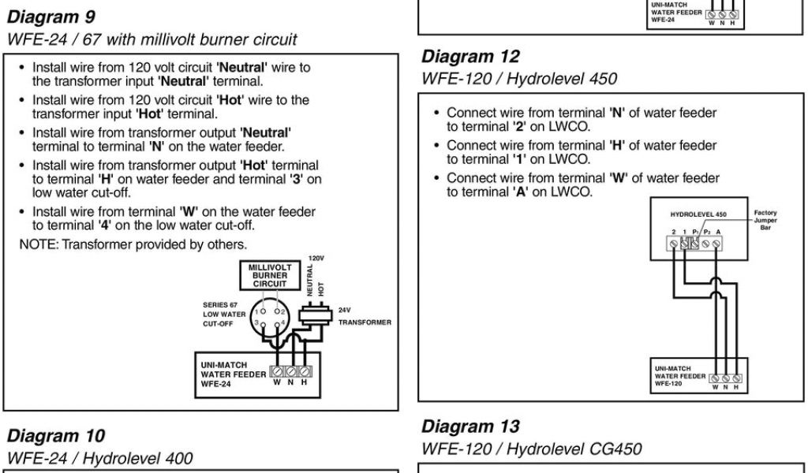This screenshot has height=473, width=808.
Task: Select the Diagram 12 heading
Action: pyautogui.click(x=470, y=57)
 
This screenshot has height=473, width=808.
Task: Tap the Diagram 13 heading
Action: pyautogui.click(x=470, y=426)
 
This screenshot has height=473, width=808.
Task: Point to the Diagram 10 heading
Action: pyautogui.click(x=56, y=436)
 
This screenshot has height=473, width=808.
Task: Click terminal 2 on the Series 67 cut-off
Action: pyautogui.click(x=278, y=311)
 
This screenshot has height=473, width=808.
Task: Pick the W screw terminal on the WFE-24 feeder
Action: pyautogui.click(x=277, y=371)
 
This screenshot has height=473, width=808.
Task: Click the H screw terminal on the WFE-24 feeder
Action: pyautogui.click(x=305, y=371)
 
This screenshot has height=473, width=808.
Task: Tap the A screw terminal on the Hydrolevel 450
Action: pyautogui.click(x=716, y=244)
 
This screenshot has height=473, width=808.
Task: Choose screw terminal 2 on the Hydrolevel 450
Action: pyautogui.click(x=673, y=244)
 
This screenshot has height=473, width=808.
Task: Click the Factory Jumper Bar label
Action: pyautogui.click(x=765, y=221)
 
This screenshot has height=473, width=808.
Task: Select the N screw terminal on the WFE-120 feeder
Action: pyautogui.click(x=726, y=378)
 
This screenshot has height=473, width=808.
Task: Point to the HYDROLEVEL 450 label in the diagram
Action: pyautogui.click(x=698, y=214)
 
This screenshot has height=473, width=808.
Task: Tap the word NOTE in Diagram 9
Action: pyautogui.click(x=36, y=244)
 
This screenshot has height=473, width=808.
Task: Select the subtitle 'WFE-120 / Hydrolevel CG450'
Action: pyautogui.click(x=531, y=449)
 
